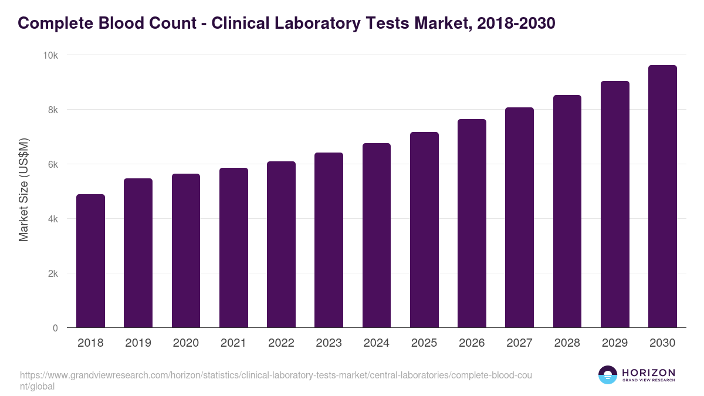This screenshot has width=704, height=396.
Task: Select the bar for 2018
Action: pyautogui.click(x=90, y=261)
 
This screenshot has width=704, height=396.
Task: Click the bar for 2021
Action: pyautogui.click(x=233, y=248)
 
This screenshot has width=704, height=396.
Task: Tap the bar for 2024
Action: pyautogui.click(x=377, y=235)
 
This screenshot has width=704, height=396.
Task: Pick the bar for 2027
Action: pyautogui.click(x=519, y=218)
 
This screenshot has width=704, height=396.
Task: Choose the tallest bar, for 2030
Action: pyautogui.click(x=662, y=197)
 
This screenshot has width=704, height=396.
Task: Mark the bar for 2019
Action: pyautogui.click(x=138, y=253)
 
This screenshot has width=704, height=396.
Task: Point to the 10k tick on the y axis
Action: pyautogui.click(x=50, y=55)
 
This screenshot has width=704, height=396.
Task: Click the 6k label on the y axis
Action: pyautogui.click(x=53, y=165)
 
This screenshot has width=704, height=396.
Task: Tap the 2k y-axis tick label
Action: pyautogui.click(x=53, y=274)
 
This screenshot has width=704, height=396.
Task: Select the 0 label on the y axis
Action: pyautogui.click(x=55, y=329)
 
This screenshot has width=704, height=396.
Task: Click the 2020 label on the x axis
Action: pyautogui.click(x=185, y=343)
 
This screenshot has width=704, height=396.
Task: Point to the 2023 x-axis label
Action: pyautogui.click(x=329, y=343)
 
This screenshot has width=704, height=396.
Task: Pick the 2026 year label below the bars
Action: pyautogui.click(x=472, y=343)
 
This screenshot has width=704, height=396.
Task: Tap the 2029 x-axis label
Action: pyautogui.click(x=615, y=343)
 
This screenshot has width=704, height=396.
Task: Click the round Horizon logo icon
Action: pyautogui.click(x=608, y=375)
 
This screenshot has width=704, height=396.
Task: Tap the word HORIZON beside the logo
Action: pyautogui.click(x=648, y=373)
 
